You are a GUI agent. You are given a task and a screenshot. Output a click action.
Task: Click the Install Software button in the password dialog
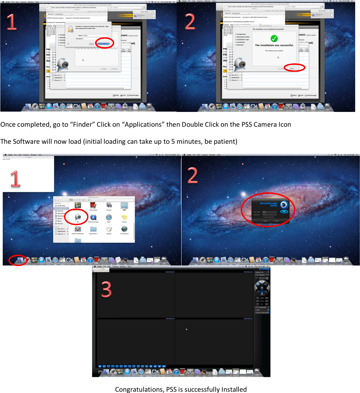coord(104,44)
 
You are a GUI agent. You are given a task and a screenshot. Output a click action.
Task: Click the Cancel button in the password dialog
coord(92,44)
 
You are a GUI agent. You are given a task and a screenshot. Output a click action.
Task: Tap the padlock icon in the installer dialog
coord(70,30)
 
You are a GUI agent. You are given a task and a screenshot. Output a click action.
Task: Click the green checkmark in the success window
coord(274,39)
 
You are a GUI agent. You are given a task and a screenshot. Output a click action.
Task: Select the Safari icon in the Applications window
coord(109,218)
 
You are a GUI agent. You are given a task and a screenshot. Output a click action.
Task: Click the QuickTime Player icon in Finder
coord(93,218)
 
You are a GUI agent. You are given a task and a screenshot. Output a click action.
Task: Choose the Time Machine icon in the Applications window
coord(124,229)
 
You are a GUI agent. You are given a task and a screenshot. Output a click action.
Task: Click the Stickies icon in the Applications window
coord(124,218)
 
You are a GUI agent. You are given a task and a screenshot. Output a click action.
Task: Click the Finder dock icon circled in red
coord(20,260)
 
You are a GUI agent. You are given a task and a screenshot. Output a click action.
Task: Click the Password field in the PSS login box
coord(269,215)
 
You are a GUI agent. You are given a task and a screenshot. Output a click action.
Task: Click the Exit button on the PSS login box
coord(276,221)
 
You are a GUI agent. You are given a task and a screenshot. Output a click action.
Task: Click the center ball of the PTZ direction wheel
coord(262,288)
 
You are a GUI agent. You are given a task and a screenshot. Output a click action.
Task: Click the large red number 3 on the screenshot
coord(106,289)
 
